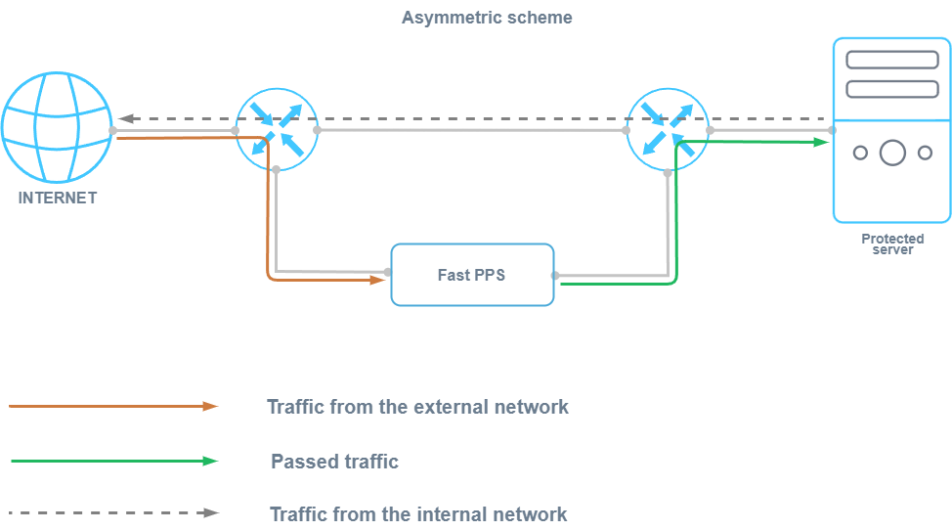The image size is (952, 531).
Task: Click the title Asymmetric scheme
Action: click(x=487, y=18)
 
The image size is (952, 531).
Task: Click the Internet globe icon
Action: click(x=56, y=127)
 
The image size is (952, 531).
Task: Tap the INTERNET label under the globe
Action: click(x=58, y=198)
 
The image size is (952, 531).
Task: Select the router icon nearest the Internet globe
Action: click(x=276, y=129)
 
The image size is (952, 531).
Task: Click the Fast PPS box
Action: click(x=472, y=275)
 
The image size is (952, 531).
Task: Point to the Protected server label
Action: click(x=892, y=243)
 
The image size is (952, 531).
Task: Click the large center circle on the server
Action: click(x=892, y=153)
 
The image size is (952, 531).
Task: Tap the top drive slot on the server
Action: click(x=891, y=60)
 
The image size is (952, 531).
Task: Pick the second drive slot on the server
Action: click(x=891, y=89)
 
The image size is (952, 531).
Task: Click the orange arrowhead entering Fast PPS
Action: click(x=378, y=280)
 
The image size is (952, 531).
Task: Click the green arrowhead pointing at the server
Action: click(x=822, y=142)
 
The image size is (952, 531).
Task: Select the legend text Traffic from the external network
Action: click(x=417, y=406)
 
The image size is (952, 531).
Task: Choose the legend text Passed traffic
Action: click(x=334, y=462)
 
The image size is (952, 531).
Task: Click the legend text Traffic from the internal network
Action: click(x=417, y=513)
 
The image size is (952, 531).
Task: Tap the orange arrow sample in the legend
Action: click(x=113, y=406)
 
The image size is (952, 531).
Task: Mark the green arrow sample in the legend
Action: click(x=113, y=461)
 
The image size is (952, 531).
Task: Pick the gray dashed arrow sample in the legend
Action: click(x=113, y=511)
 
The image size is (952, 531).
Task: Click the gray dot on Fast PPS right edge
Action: click(x=554, y=275)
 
